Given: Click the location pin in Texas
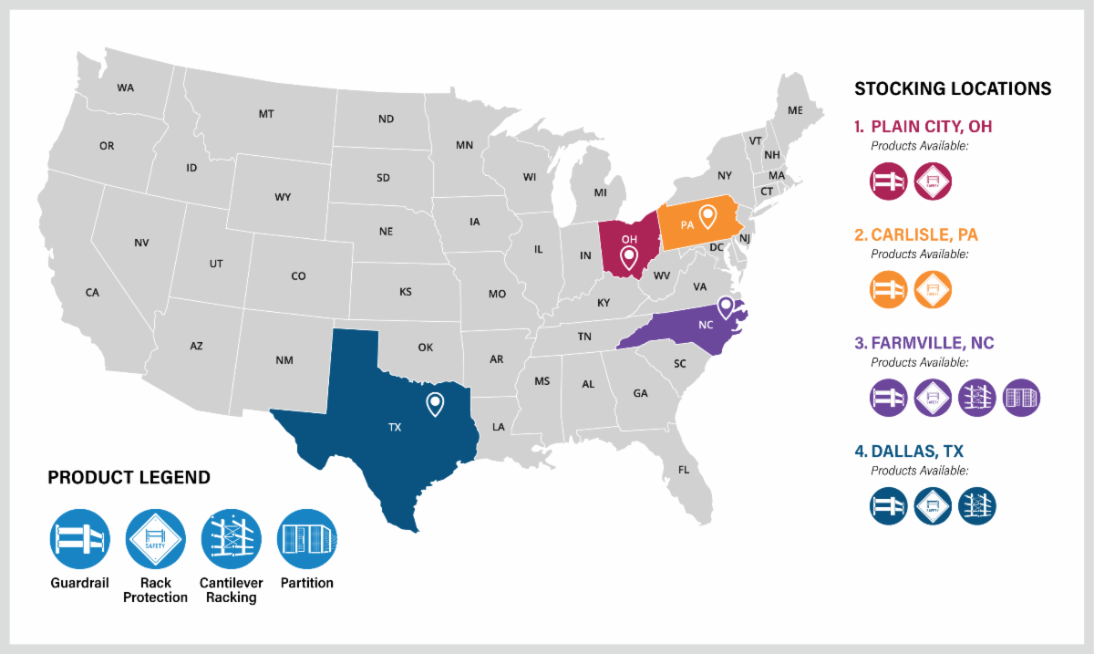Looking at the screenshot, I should (436, 403).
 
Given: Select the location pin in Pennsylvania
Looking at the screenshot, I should (707, 216).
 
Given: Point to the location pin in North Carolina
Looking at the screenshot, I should (726, 306).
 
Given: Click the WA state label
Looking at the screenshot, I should (126, 88).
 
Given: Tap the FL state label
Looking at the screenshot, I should (684, 471).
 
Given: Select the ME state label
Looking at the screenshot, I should (795, 110).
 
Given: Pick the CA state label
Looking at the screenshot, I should (92, 293).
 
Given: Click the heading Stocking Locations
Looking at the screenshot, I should (953, 88).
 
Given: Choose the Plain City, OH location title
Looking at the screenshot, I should (931, 126).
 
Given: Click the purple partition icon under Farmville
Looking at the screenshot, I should (1021, 398).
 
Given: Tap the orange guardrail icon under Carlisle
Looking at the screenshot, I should (888, 289).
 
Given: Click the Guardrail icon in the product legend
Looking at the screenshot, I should (80, 538).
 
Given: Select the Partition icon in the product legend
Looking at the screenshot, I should (307, 538).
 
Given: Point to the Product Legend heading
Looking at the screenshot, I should (129, 477).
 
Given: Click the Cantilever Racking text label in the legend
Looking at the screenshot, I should (231, 590).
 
